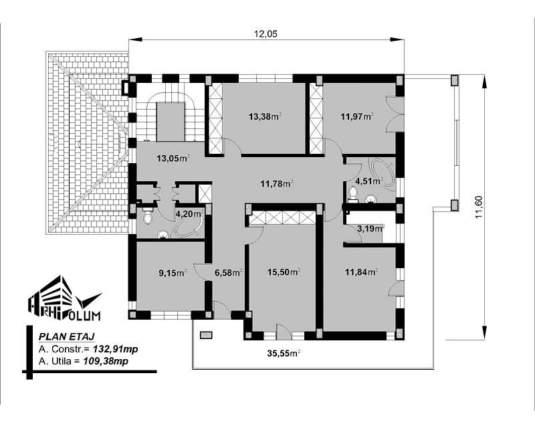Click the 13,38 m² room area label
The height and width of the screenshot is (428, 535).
[265, 117]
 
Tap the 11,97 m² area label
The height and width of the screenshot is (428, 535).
[357, 117]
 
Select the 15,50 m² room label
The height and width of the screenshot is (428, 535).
[284, 272]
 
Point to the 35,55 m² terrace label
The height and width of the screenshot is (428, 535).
[284, 354]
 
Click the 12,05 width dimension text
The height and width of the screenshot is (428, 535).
[265, 33]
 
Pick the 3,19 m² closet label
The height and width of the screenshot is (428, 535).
[370, 228]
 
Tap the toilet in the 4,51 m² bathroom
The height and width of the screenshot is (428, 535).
[353, 194]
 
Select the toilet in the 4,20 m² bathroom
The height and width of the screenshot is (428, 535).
[147, 217]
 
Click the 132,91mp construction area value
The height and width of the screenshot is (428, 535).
[115, 349]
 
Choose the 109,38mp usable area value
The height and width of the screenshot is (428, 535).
[106, 361]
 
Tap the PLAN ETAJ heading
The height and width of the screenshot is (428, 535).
[66, 336]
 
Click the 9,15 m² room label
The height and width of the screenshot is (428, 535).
[173, 273]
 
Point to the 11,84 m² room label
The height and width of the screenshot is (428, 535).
[361, 272]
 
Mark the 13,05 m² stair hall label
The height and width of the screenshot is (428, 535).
[173, 158]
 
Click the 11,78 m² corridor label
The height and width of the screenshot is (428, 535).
[277, 185]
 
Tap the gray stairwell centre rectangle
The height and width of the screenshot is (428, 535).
[171, 122]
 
